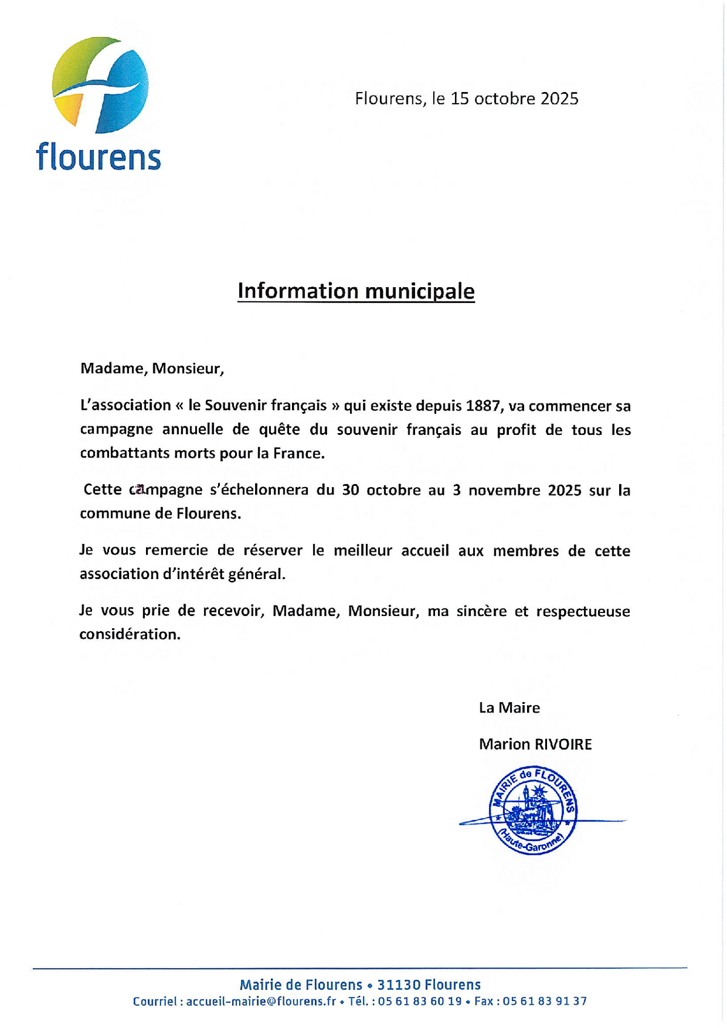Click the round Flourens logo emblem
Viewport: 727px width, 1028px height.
click(101, 85)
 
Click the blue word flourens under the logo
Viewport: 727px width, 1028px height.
click(98, 157)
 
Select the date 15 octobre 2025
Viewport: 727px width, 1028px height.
click(514, 98)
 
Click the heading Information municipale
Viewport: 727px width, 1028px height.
click(356, 291)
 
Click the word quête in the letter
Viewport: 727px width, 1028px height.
click(279, 429)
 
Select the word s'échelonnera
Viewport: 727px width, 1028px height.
click(259, 489)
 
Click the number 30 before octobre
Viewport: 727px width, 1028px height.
click(351, 489)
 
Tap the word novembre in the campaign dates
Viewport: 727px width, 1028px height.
click(505, 489)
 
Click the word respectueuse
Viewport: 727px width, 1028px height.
click(583, 611)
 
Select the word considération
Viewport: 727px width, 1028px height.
click(130, 634)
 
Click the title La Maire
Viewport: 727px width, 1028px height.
click(509, 708)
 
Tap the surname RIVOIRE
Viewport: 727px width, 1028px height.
click(563, 744)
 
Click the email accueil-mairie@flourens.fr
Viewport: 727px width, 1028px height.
click(261, 1001)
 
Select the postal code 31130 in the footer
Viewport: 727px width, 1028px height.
click(398, 985)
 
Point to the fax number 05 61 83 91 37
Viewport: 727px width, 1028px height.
click(545, 1001)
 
